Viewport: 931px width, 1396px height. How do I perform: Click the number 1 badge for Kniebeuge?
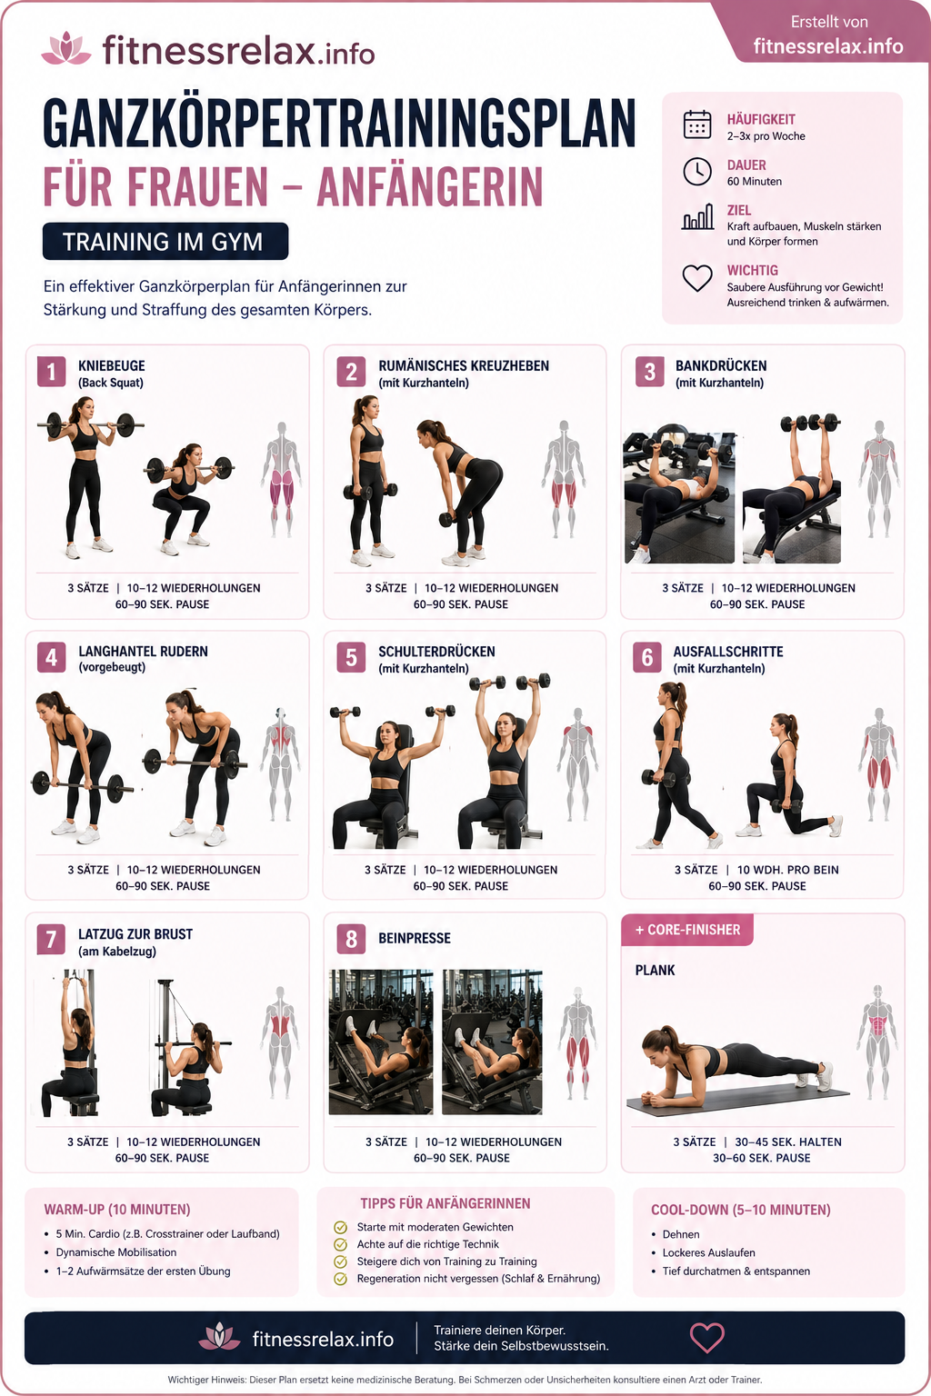click(51, 372)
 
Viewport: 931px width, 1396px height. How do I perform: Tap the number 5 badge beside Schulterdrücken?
click(351, 657)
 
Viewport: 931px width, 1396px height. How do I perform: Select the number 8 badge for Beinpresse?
click(351, 939)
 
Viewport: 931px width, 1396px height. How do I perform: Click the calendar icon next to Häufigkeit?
click(697, 125)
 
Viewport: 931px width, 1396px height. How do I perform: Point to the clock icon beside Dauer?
click(697, 172)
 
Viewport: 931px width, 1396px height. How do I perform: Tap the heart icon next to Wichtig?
click(697, 278)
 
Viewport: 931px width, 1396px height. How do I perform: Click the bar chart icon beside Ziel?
click(697, 217)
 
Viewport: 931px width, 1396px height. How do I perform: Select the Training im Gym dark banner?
click(165, 241)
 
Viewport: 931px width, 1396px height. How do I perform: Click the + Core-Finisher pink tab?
click(687, 930)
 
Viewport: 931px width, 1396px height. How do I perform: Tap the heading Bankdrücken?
click(721, 366)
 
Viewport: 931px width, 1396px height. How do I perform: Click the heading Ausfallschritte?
click(727, 652)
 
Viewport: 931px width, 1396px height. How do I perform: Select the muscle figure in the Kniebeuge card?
click(282, 479)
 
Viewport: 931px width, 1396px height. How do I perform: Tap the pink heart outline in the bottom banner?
click(707, 1337)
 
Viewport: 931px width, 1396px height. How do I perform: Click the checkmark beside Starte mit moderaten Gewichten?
click(340, 1227)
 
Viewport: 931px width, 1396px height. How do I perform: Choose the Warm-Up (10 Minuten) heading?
click(117, 1210)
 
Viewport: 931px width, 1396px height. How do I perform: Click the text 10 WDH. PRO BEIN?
click(787, 870)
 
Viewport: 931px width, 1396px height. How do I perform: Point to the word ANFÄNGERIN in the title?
click(430, 186)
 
